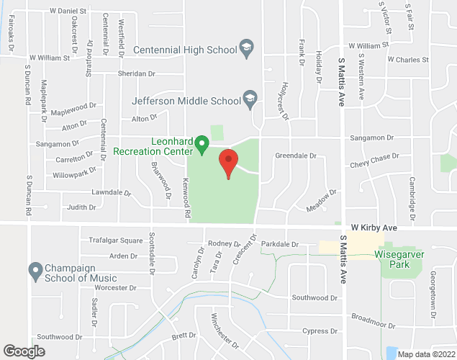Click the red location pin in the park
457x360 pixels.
(x=228, y=163)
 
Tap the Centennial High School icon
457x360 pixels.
(x=247, y=49)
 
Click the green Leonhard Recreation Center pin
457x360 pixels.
(x=202, y=146)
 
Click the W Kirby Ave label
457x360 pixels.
(x=374, y=228)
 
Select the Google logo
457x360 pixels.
(x=23, y=351)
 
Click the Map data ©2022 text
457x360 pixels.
(x=425, y=354)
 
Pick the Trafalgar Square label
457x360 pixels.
(x=116, y=240)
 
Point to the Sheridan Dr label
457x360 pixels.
(x=135, y=74)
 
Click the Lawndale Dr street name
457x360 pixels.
(x=112, y=193)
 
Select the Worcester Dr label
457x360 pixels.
(x=114, y=287)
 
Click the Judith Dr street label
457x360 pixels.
(x=81, y=207)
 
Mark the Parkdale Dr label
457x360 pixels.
(x=279, y=244)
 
